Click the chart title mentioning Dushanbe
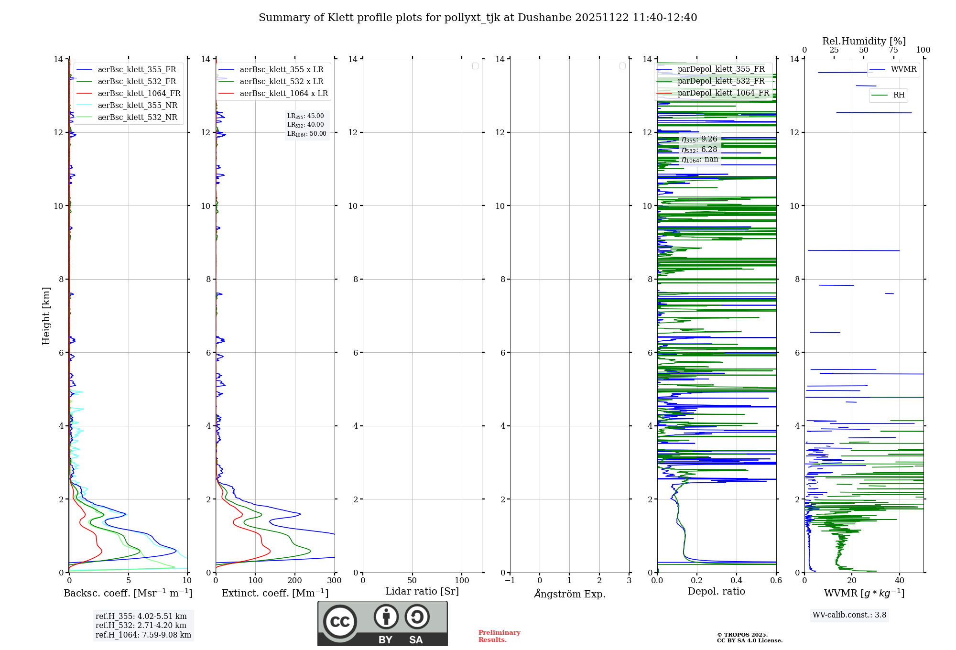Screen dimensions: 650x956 tap(478, 18)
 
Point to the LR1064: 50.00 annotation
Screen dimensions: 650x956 tap(306, 134)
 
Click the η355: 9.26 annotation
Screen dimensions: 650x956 tap(699, 139)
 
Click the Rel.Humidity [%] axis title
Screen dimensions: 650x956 tap(864, 41)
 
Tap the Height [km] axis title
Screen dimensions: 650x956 tap(46, 315)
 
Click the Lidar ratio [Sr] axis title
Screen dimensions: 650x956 tap(422, 591)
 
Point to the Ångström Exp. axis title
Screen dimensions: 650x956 tap(569, 594)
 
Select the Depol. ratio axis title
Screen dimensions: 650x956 tap(716, 591)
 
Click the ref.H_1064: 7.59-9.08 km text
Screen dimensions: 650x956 tap(143, 635)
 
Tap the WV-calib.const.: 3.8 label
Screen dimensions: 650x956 tap(849, 615)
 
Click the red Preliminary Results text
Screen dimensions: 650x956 tap(499, 636)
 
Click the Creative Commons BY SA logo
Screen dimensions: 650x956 tap(382, 623)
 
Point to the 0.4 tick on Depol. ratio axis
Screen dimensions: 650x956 tap(736, 580)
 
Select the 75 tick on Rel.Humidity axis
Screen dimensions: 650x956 tap(893, 50)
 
